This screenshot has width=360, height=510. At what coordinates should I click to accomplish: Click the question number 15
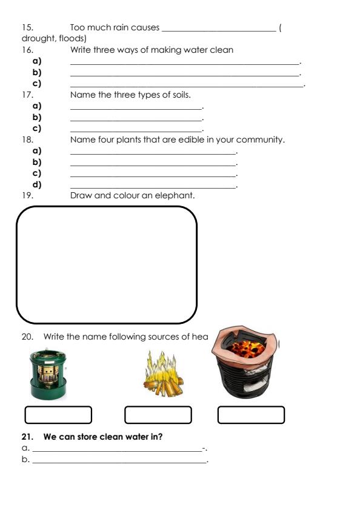[x=26, y=27]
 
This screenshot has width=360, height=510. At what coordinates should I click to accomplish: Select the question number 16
[x=26, y=50]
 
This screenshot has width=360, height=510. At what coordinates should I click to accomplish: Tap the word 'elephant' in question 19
[x=175, y=195]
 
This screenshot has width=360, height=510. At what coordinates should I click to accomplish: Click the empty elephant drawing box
[x=107, y=264]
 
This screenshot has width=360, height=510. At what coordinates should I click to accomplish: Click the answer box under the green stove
[x=58, y=415]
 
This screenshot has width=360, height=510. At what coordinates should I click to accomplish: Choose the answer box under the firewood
[x=158, y=415]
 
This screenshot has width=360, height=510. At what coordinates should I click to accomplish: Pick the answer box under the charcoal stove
[x=251, y=415]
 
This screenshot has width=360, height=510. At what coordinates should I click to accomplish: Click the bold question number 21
[x=26, y=437]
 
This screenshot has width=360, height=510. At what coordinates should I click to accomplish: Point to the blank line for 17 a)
[x=136, y=107]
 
